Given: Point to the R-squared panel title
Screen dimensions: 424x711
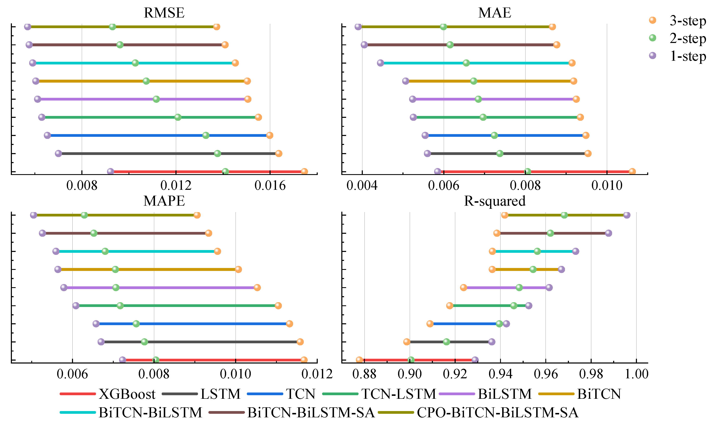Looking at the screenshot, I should coord(494,201).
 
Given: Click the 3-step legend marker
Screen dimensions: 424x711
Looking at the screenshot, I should coord(652,20).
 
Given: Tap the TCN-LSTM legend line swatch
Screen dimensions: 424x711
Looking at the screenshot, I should coord(340,394).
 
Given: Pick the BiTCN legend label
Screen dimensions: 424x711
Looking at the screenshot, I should coord(599,394).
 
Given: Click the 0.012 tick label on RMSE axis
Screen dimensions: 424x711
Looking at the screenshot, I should coord(176,186).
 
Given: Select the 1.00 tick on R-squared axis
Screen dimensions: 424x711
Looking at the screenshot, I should coord(636,374).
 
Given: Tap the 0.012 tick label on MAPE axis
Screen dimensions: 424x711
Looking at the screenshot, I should coord(317,374).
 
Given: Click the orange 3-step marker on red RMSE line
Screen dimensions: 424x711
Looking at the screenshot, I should coord(304,171).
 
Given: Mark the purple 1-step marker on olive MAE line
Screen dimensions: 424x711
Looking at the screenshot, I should coord(358,26).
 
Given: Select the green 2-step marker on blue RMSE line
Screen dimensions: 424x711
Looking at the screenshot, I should coord(206,135).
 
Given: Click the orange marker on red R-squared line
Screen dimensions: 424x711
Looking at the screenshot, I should coord(359,360).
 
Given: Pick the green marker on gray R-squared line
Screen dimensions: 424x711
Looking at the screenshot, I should coord(446,342).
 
